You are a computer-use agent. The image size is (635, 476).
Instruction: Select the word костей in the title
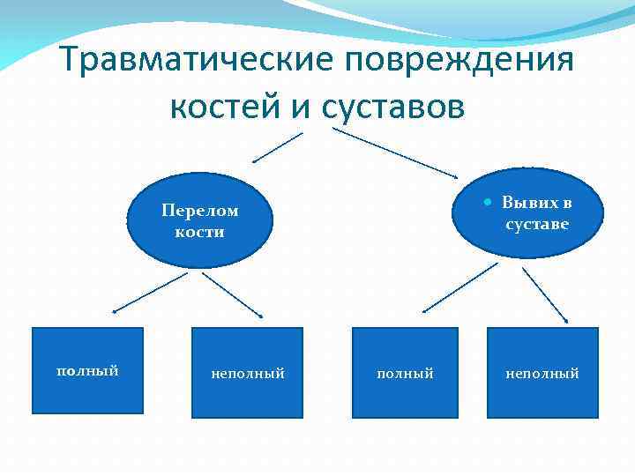pyautogui.click(x=224, y=107)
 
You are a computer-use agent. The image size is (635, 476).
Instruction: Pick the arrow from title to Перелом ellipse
pyautogui.click(x=278, y=148)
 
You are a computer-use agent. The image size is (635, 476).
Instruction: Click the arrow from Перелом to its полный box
pyautogui.click(x=150, y=292)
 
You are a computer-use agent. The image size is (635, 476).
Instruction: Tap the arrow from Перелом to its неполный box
pyautogui.click(x=234, y=294)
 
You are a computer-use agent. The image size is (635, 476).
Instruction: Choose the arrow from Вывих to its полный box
pyautogui.click(x=453, y=290)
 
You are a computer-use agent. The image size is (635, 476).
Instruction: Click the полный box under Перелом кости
pyautogui.click(x=87, y=370)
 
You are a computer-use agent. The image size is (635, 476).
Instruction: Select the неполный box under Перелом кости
pyautogui.click(x=247, y=372)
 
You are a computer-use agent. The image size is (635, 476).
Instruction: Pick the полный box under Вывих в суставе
pyautogui.click(x=405, y=372)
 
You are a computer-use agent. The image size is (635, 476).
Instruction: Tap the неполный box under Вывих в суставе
pyautogui.click(x=542, y=372)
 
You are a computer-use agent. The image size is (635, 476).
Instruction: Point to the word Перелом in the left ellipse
pyautogui.click(x=200, y=211)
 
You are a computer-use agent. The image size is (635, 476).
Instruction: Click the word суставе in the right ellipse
pyautogui.click(x=537, y=224)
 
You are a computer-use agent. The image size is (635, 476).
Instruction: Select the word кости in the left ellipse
pyautogui.click(x=199, y=232)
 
